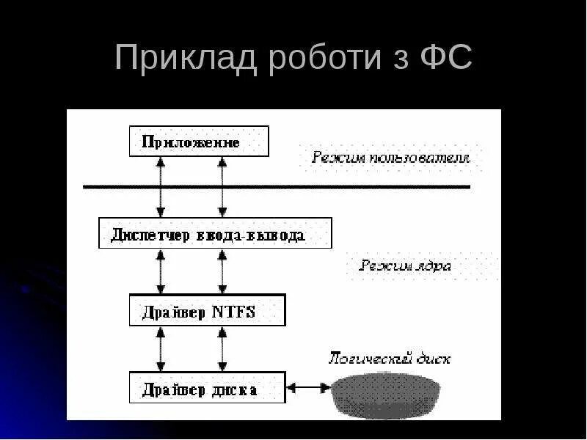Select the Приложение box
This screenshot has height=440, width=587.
pyautogui.click(x=199, y=141)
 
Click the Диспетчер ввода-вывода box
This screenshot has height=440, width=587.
pyautogui.click(x=215, y=233)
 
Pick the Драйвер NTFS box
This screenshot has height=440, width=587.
pyautogui.click(x=207, y=310)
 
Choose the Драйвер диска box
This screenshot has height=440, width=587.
pyautogui.click(x=207, y=388)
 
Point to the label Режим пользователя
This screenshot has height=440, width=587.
pyautogui.click(x=390, y=157)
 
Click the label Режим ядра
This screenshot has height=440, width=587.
pyautogui.click(x=405, y=265)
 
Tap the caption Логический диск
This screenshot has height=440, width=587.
pyautogui.click(x=389, y=359)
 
